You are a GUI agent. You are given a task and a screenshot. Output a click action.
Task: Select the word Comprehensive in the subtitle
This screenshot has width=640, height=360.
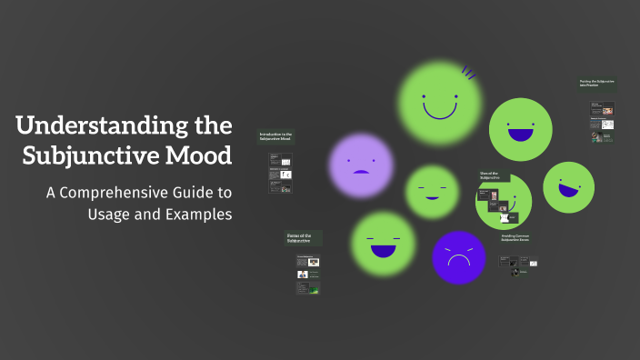[x=153, y=193]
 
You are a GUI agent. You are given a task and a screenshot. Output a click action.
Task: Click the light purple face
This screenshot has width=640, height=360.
[x=361, y=165]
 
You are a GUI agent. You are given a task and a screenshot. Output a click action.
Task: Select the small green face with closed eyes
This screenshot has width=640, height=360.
[x=432, y=192]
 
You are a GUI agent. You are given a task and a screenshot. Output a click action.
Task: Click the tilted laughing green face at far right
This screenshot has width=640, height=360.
[x=568, y=187]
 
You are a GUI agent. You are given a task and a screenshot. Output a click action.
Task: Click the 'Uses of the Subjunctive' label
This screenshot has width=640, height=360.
[x=492, y=175]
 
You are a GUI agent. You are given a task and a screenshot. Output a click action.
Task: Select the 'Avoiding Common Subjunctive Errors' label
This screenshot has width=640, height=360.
[x=515, y=239]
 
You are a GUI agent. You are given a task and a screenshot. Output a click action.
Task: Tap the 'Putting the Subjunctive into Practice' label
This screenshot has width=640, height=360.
[x=596, y=84]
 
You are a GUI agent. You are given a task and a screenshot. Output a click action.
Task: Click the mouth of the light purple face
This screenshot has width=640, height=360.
[x=361, y=172]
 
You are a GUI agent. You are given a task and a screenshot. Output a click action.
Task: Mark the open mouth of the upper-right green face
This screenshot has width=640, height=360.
[x=520, y=135]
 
